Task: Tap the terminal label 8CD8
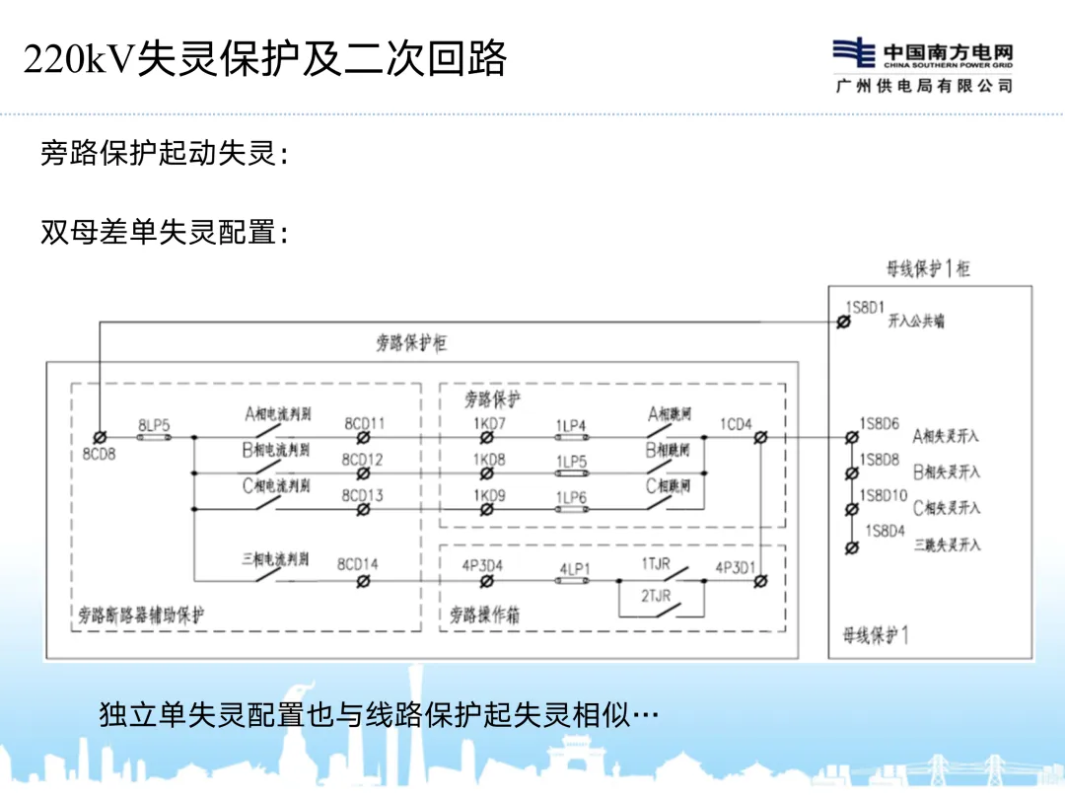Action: [99, 455]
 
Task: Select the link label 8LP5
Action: [154, 424]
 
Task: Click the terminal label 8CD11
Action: [364, 423]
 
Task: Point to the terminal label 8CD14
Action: [357, 564]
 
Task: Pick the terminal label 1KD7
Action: [488, 423]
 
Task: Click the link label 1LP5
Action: [571, 461]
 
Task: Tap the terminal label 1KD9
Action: [488, 496]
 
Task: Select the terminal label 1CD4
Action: [736, 424]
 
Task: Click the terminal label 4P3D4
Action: [482, 565]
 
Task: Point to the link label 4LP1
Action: [574, 569]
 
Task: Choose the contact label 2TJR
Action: [656, 597]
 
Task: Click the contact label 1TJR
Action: [656, 563]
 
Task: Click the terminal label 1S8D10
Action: [880, 495]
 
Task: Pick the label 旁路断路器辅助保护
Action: [142, 615]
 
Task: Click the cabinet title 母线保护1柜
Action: [928, 268]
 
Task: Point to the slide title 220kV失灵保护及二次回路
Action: [264, 59]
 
